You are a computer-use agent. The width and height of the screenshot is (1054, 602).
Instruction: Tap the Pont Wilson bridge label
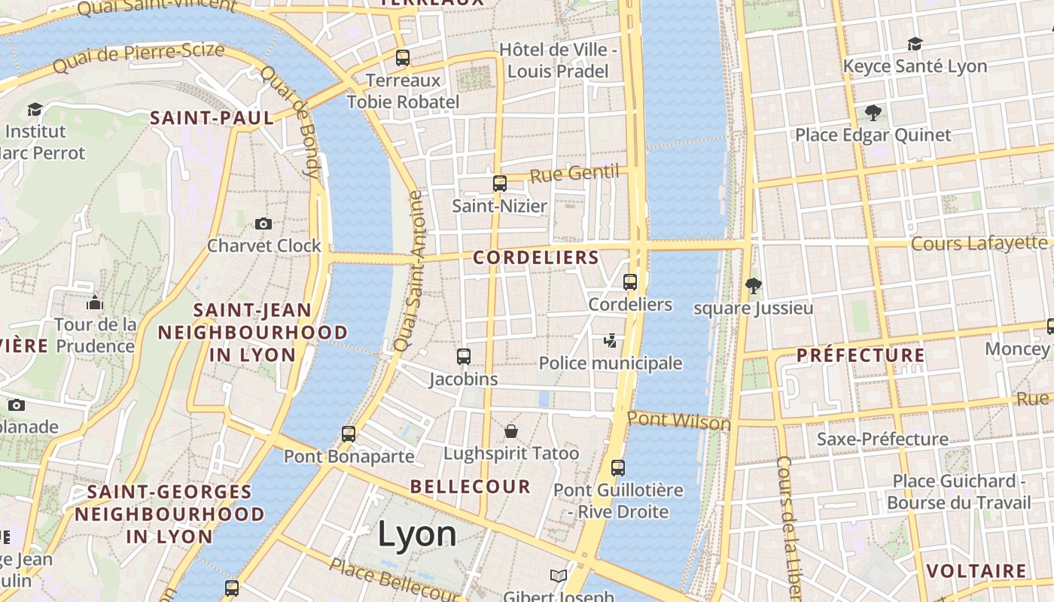click(x=679, y=420)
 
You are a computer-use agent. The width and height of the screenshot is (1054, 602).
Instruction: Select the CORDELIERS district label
click(x=536, y=257)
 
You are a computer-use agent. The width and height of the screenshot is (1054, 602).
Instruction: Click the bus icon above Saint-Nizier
click(x=500, y=183)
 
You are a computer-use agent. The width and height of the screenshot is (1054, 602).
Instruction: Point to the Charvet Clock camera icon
click(x=263, y=223)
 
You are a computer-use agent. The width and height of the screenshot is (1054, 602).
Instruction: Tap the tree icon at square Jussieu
click(x=753, y=285)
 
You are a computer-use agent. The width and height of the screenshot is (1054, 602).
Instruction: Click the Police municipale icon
click(x=611, y=341)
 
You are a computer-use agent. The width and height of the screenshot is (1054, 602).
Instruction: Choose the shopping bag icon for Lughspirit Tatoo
click(x=511, y=431)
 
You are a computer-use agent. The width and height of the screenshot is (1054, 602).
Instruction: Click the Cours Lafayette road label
click(x=979, y=243)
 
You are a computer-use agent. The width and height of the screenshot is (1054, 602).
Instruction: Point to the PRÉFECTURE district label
click(x=861, y=354)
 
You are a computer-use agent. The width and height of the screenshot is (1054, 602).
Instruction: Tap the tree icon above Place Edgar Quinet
click(x=873, y=113)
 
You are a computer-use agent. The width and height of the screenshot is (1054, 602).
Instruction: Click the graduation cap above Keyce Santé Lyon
click(x=915, y=44)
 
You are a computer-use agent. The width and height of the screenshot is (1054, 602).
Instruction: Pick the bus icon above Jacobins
click(x=464, y=357)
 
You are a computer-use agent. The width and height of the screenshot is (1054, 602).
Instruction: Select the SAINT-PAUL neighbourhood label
click(x=212, y=117)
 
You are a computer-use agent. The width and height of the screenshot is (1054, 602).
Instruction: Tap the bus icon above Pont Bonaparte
click(x=348, y=434)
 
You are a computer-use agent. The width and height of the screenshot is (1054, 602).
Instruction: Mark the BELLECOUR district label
click(x=471, y=486)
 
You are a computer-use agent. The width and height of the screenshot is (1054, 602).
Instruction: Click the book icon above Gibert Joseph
click(x=558, y=576)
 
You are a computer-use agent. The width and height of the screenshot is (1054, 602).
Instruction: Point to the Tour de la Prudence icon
click(x=95, y=303)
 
